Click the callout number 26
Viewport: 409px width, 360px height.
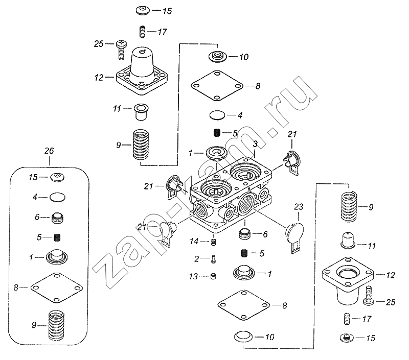click(x=49, y=152)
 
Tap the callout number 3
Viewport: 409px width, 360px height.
click(x=254, y=146)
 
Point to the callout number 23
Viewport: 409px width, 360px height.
click(x=299, y=206)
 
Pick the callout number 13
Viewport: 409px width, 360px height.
click(x=193, y=277)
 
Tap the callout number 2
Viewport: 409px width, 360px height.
click(x=196, y=258)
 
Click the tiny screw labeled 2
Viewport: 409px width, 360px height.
click(x=212, y=258)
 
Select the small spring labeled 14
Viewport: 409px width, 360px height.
click(x=215, y=241)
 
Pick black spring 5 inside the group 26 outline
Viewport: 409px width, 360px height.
click(x=58, y=237)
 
